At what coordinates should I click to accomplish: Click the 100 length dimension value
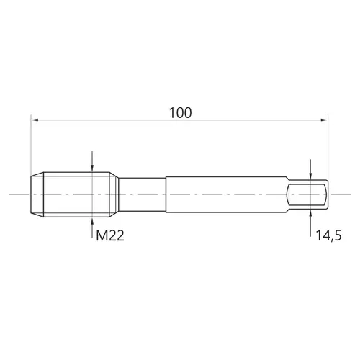[x=181, y=113]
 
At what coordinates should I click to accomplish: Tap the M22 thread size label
[x=110, y=235]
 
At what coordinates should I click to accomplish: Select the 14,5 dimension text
[x=328, y=235]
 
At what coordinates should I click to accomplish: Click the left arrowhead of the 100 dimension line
[x=35, y=120]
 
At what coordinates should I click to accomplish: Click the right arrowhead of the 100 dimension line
[x=324, y=120]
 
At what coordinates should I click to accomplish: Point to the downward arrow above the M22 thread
[x=92, y=161]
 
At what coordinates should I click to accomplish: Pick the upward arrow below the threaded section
[x=92, y=228]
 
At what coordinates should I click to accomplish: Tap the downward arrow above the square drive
[x=310, y=169]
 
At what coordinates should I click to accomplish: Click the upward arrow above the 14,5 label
[x=310, y=223]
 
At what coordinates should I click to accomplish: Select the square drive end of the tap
[x=307, y=194]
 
